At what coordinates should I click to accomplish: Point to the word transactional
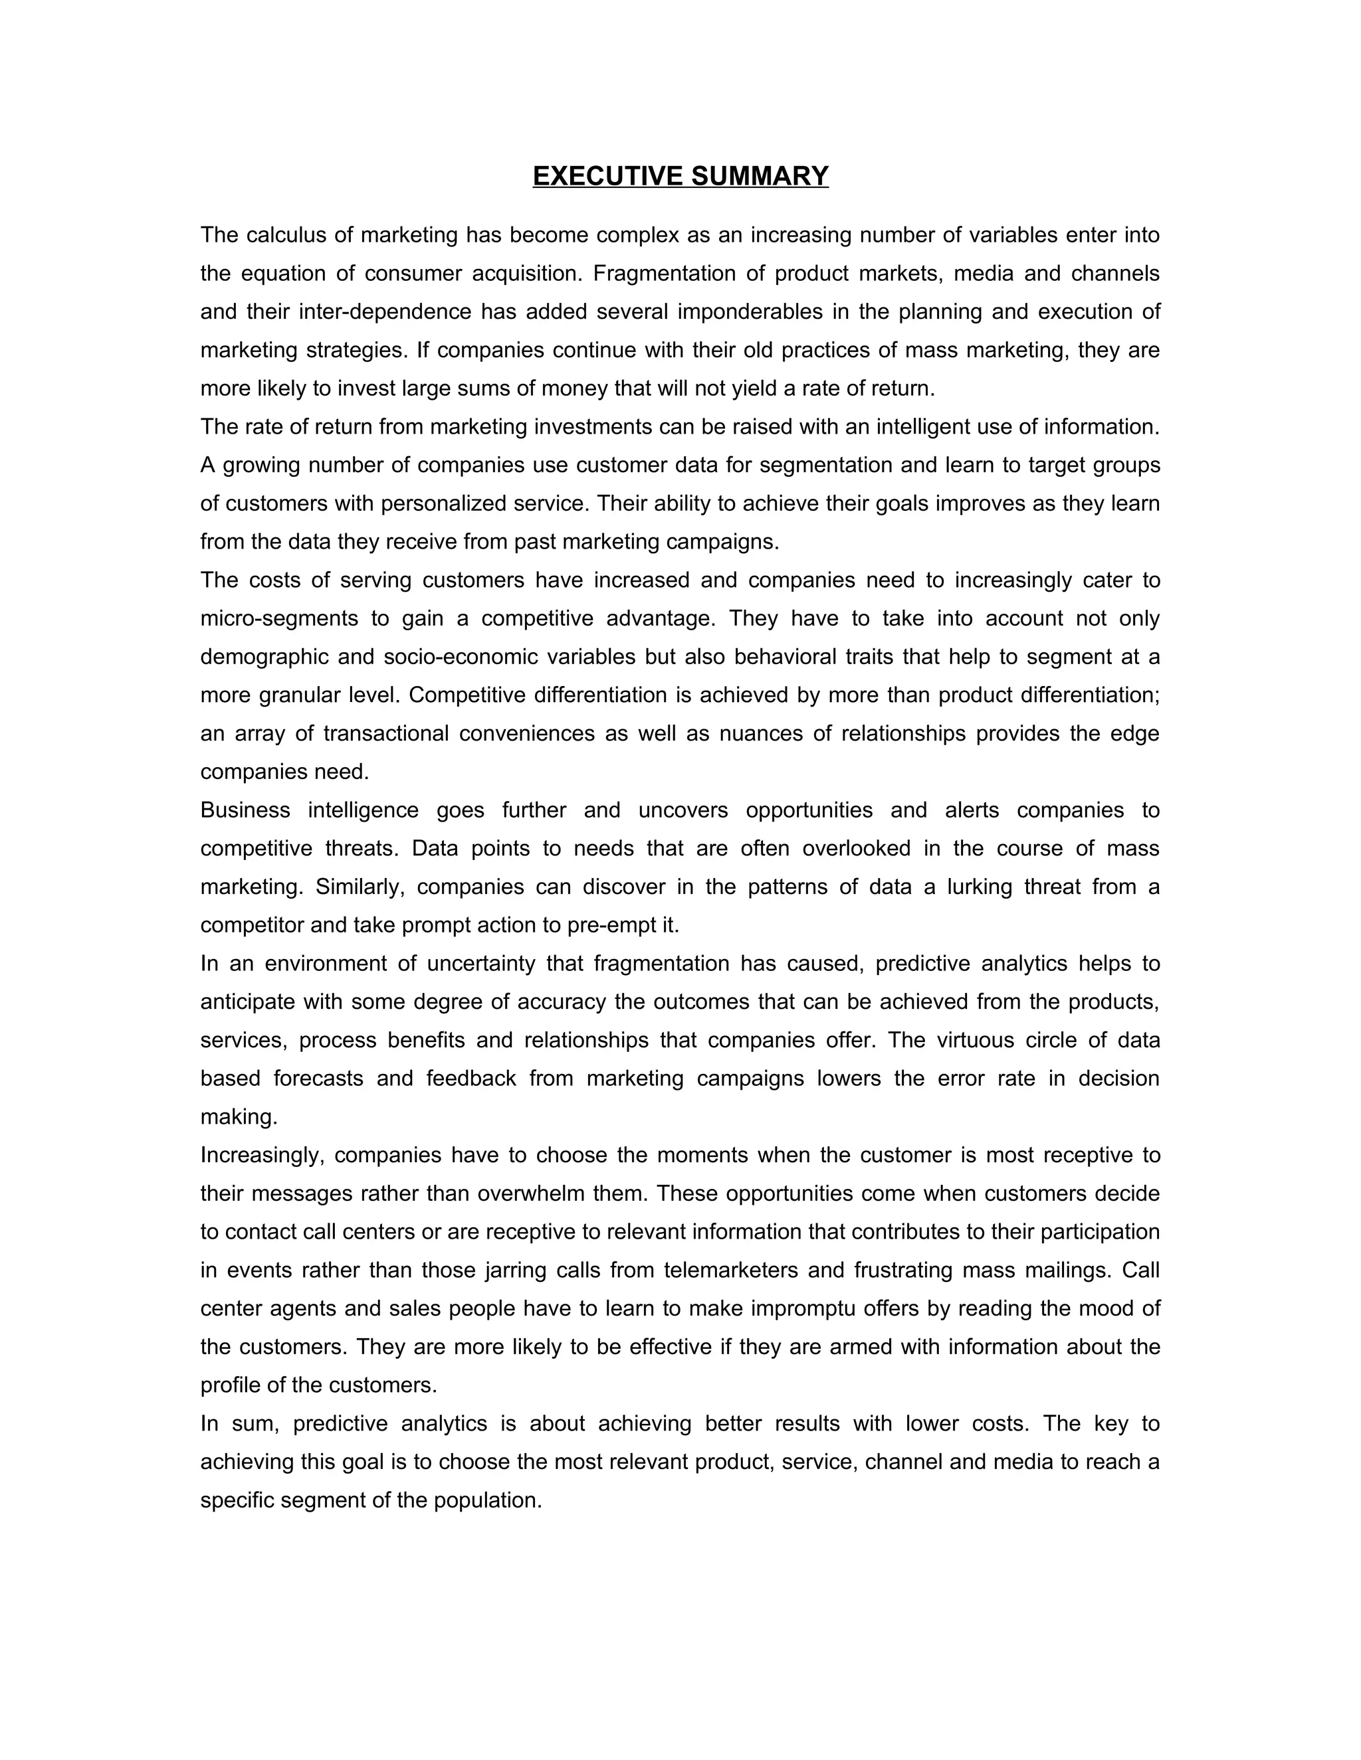386,733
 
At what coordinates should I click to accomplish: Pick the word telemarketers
731,1271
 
